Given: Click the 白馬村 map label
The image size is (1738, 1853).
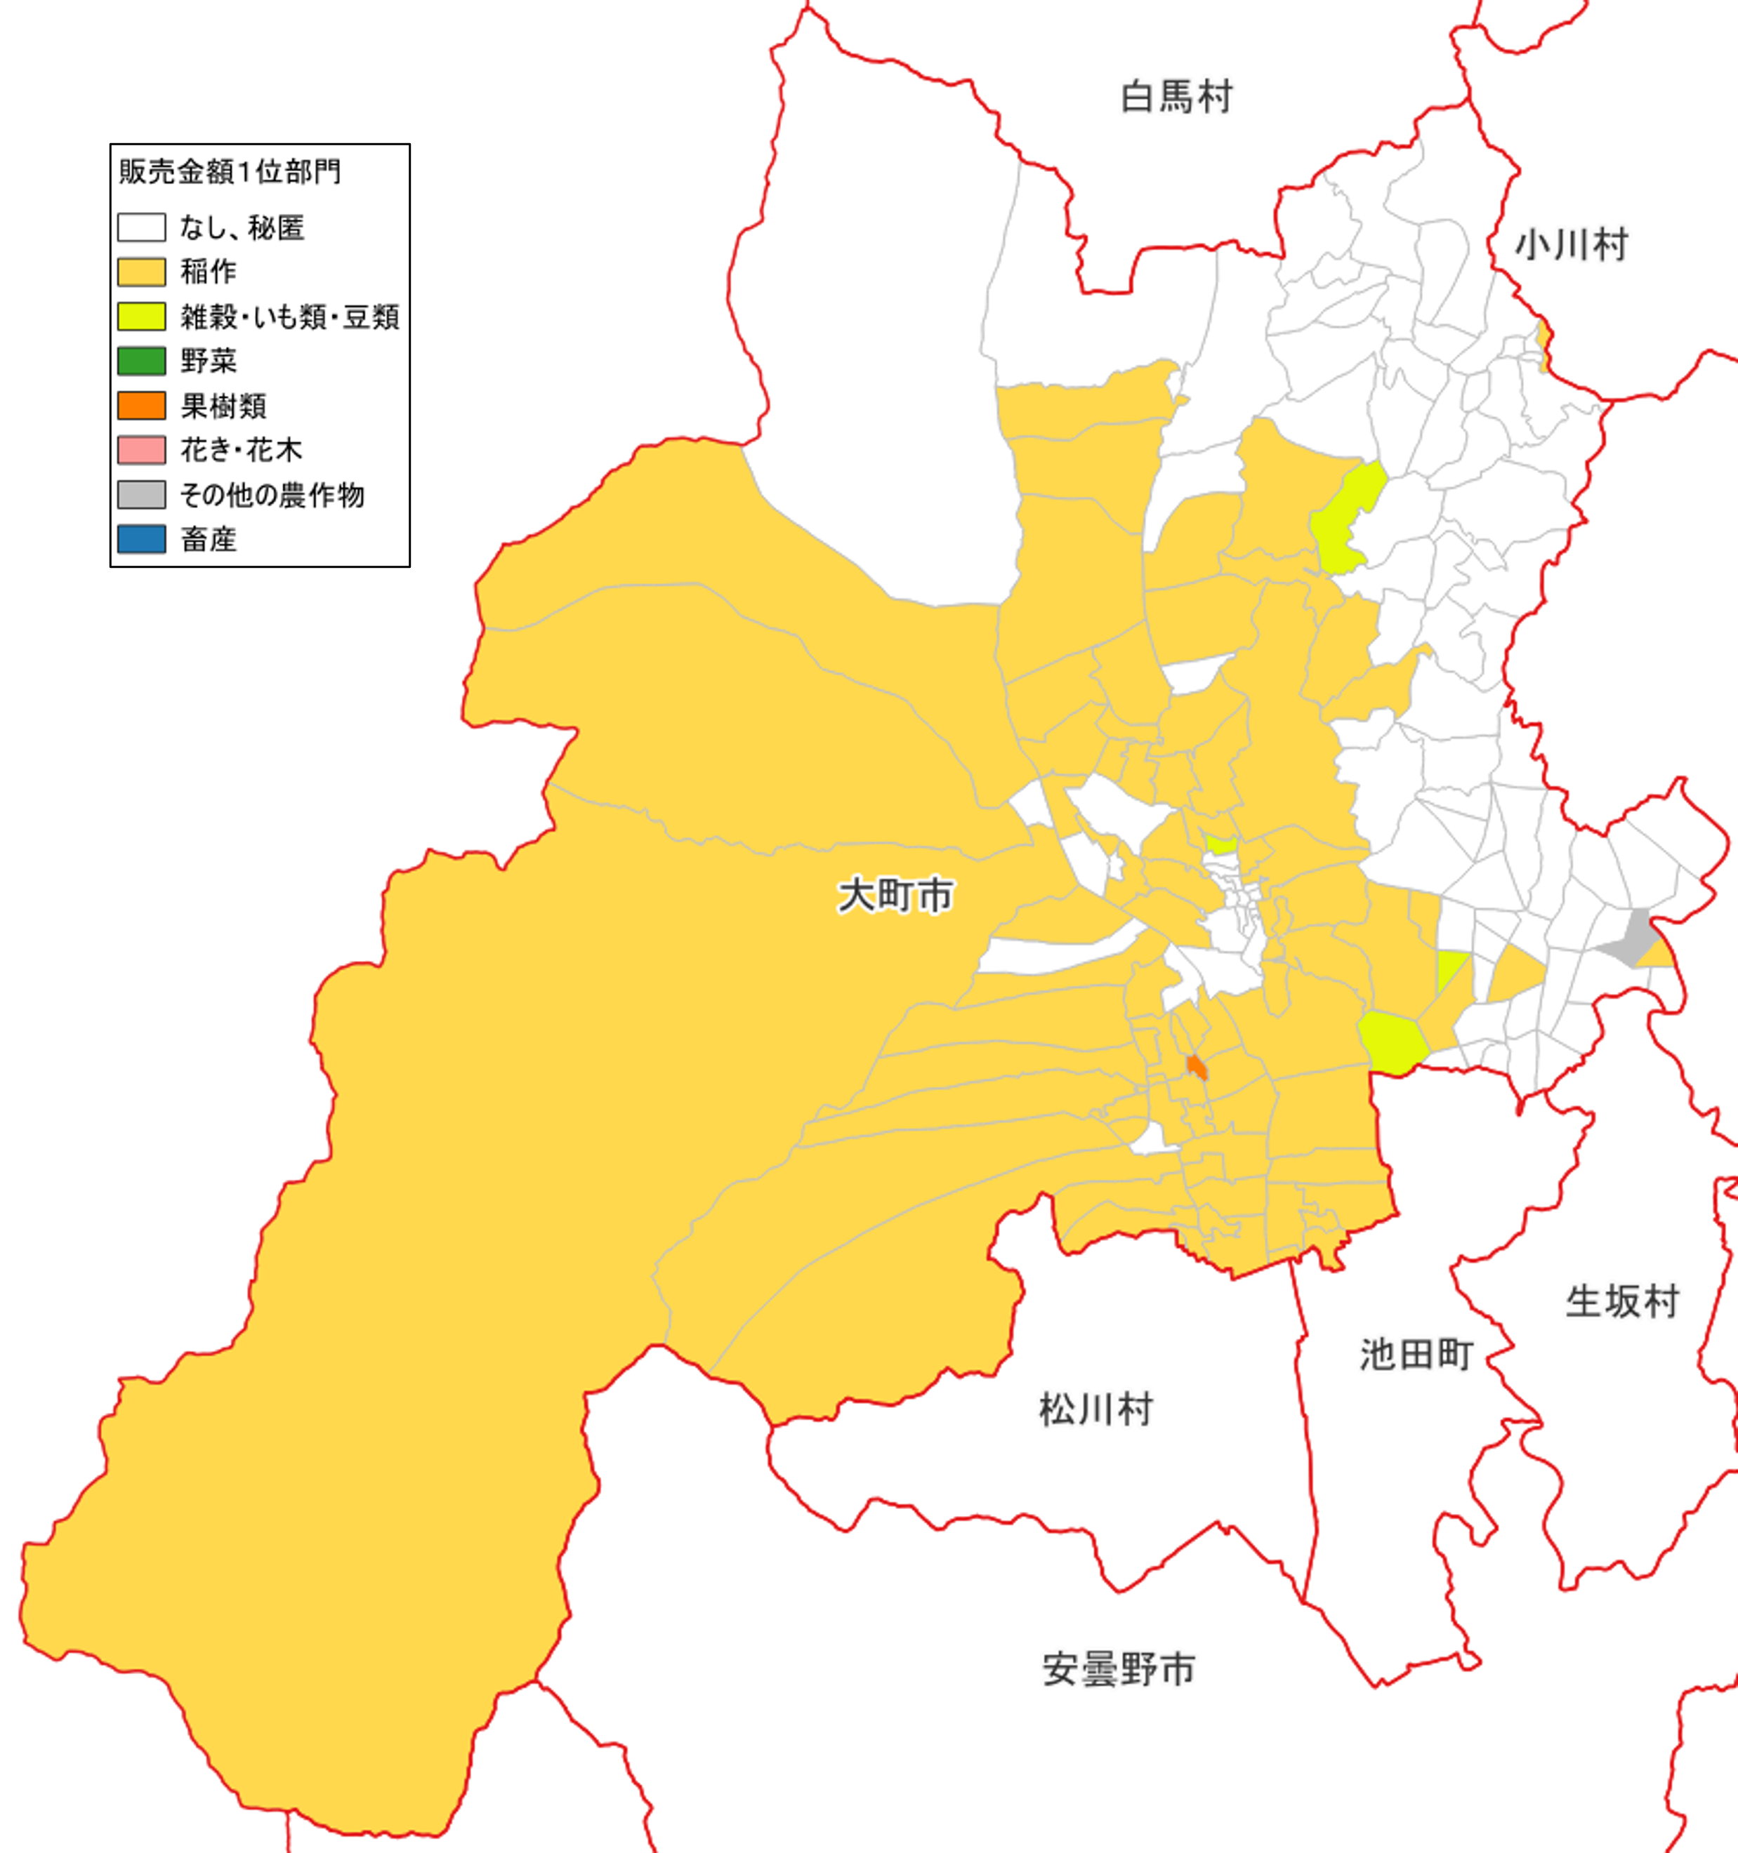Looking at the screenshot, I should coord(1177,97).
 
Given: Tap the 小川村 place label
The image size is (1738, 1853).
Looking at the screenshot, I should coord(1572,245).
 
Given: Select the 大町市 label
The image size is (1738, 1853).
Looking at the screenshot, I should coord(895,896).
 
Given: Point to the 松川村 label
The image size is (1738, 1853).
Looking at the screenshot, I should coord(1096,1409).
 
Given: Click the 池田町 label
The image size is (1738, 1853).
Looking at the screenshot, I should coord(1416,1355).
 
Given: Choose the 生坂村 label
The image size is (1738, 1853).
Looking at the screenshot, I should coord(1622,1302).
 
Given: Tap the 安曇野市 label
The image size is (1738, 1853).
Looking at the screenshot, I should coord(1119,1669).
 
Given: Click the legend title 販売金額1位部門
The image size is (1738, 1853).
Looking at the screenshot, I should coord(230,171).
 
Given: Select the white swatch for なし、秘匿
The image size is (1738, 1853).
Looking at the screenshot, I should coord(142,227).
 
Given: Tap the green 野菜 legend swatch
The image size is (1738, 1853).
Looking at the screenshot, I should coord(142,361).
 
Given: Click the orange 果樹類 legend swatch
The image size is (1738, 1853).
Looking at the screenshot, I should coord(142,406).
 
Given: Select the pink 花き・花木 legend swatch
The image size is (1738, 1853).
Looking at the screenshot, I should coord(142,450).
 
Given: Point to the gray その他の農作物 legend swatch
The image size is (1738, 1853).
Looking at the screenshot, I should coord(142,495).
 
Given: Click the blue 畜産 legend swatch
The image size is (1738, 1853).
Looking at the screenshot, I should coord(142,539).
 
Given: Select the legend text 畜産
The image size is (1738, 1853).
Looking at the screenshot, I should coord(209,540).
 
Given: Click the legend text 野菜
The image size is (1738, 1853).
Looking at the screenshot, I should coord(209,361).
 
